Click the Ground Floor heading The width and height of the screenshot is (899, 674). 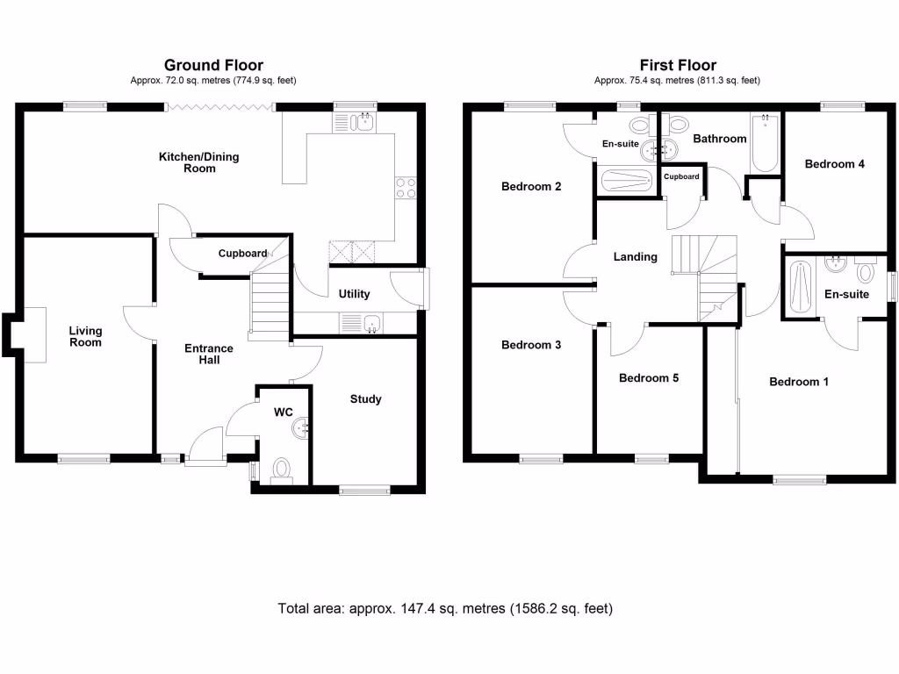[213, 65]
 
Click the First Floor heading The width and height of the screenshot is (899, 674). [677, 65]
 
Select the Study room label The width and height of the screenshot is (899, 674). [365, 399]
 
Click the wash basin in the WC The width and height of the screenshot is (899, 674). [305, 427]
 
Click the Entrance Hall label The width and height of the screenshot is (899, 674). [208, 354]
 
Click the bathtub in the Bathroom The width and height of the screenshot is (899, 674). [765, 144]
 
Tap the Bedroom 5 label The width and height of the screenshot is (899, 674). [649, 378]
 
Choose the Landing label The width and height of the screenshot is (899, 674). [635, 257]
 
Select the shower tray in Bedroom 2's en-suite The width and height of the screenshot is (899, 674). [625, 181]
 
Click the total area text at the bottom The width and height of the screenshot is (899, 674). [445, 608]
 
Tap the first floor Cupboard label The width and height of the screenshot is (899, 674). [681, 176]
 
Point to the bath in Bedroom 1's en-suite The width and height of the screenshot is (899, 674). [797, 286]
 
